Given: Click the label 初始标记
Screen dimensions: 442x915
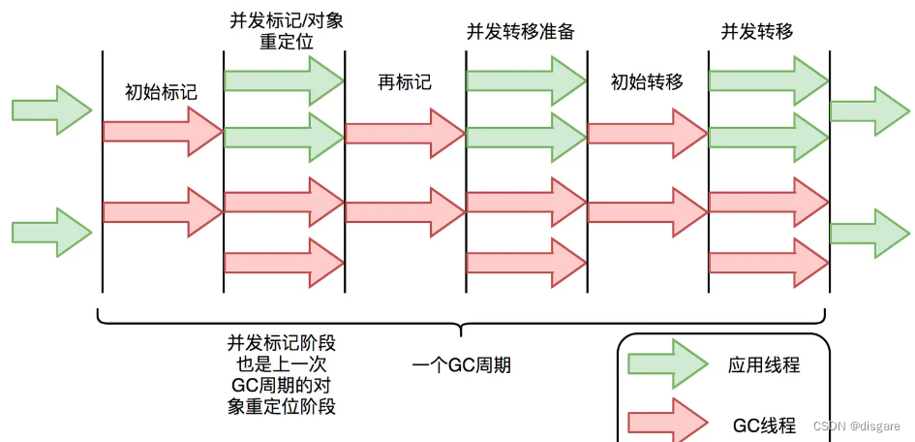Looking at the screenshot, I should (161, 93).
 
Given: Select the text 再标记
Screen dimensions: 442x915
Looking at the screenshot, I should (404, 82).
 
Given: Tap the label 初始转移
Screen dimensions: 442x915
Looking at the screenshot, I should (647, 82).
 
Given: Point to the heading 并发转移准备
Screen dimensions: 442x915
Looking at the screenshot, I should (520, 31).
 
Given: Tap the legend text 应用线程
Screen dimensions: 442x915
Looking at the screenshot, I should (764, 365).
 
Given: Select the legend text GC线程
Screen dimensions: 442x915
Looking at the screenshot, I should (764, 425).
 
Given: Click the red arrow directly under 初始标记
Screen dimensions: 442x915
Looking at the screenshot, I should (161, 131).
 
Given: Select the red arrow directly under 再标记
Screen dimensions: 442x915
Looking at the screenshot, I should (404, 131).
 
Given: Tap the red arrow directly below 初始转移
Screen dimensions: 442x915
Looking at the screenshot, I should (647, 131).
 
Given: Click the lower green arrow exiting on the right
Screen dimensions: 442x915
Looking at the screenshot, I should (869, 233).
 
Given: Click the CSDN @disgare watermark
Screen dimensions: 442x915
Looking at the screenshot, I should (856, 426).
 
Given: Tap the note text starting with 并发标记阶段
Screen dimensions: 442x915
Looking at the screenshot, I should (282, 375).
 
